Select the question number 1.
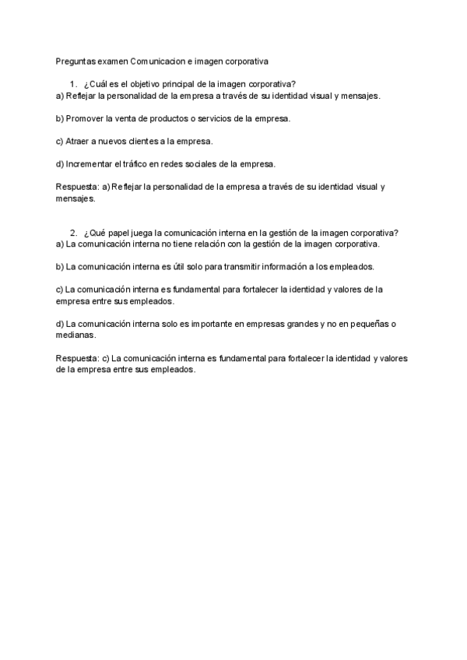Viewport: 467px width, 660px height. coord(72,84)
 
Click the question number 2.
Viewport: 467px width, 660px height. coord(72,232)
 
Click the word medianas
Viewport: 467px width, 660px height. coord(75,335)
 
